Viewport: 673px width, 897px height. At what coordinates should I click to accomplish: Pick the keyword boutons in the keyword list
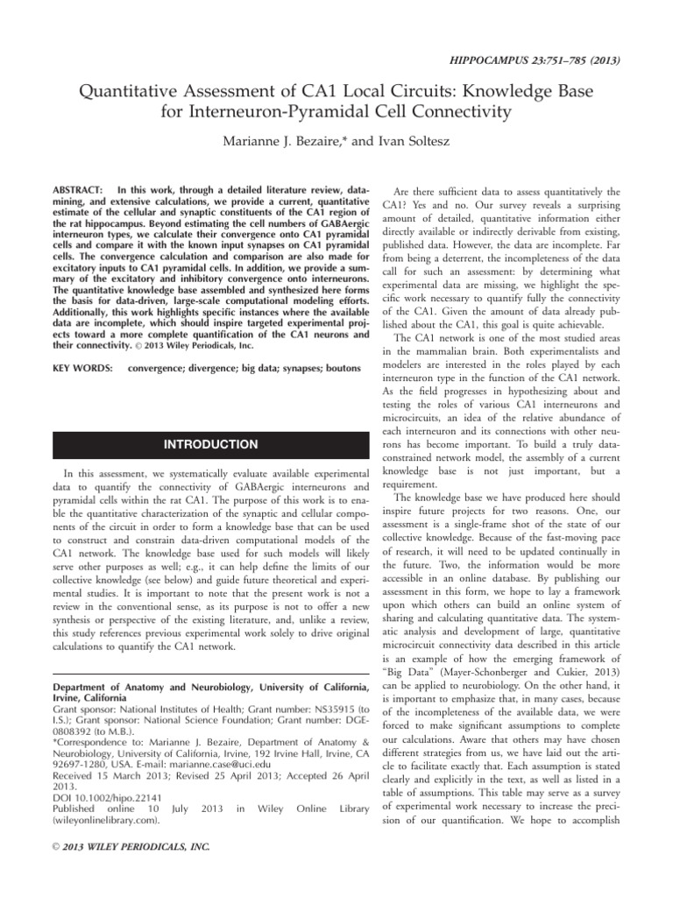(x=339, y=367)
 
